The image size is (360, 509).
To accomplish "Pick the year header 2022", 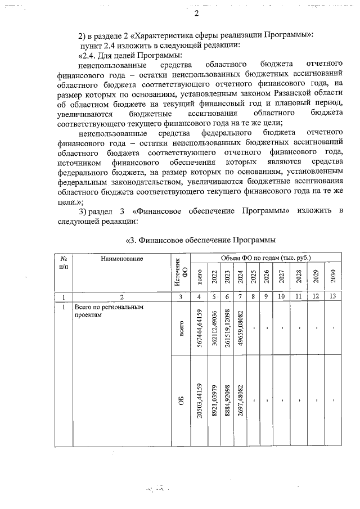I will [x=214, y=277].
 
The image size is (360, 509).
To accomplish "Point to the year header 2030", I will [x=333, y=277].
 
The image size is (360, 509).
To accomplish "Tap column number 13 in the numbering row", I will [x=333, y=296].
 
